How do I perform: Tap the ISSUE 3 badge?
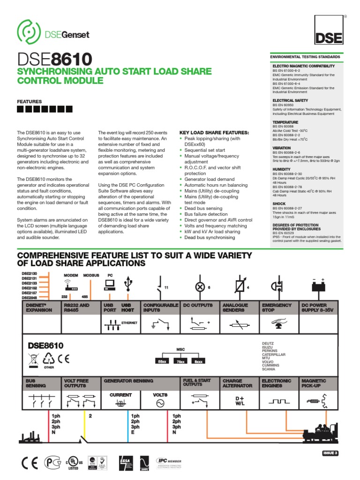(330, 452)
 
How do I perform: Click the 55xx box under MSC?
(162, 361)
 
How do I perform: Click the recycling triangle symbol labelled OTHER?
(49, 360)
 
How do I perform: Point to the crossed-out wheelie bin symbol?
(33, 360)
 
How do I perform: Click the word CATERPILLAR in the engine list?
(273, 354)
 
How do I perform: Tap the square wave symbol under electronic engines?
(277, 402)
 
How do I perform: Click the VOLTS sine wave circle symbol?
(160, 403)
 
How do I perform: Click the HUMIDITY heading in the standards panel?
(282, 169)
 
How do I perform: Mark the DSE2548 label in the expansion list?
(29, 298)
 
